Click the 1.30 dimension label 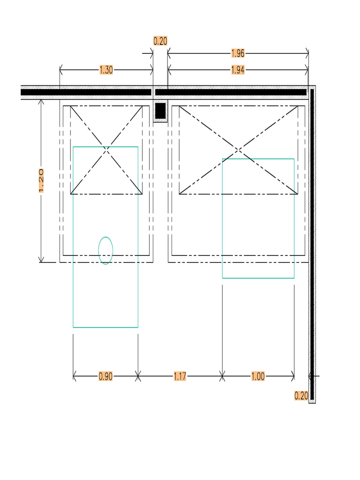(106, 70)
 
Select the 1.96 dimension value (238, 53)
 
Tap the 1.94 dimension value (238, 70)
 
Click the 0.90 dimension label (105, 376)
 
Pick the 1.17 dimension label (180, 376)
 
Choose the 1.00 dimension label (258, 376)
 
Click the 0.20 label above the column (160, 41)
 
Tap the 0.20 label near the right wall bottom (301, 396)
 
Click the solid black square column (160, 111)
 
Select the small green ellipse (105, 250)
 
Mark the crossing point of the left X (106, 150)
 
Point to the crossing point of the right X (239, 150)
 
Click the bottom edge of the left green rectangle (105, 327)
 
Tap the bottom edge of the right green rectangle (258, 278)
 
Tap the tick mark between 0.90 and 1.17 (138, 375)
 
